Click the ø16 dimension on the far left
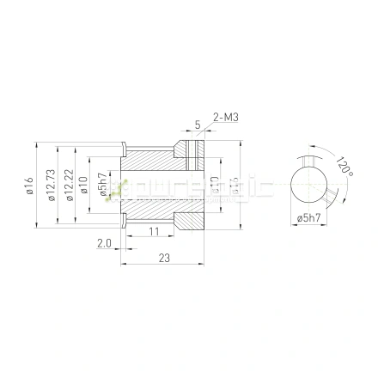29,184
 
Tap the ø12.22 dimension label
68,184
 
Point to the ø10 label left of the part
83,184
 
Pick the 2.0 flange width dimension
104,244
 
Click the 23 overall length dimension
164,257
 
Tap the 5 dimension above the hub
197,125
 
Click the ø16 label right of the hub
233,184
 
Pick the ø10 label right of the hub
215,184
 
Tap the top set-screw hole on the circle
308,161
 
